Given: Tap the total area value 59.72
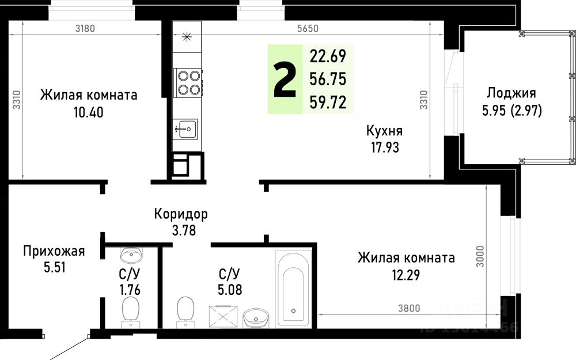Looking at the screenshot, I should pos(328,102).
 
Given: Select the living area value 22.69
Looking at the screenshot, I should pos(328,56).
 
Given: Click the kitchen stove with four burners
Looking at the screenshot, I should pos(188,81).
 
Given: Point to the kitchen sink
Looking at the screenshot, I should pos(185,127).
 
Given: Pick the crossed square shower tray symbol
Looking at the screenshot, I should pos(221,316).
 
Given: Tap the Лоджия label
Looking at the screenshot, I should pos(511,93).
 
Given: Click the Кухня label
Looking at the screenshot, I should pos(384,130).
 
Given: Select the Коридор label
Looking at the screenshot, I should pos(181,214).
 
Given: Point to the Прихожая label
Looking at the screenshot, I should pos(54,251).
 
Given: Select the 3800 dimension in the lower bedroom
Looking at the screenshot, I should pos(408,308).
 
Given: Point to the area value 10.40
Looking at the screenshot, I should pos(88,112).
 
